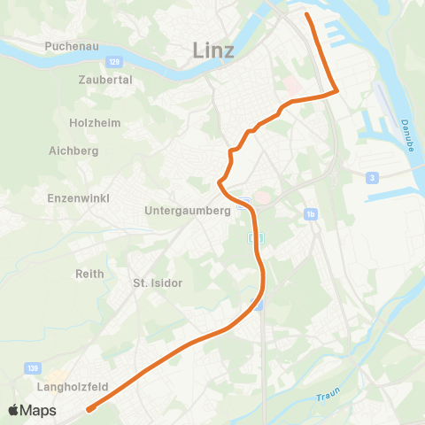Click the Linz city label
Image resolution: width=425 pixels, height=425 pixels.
[x=213, y=50]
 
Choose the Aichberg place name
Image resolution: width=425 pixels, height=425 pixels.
[x=73, y=151]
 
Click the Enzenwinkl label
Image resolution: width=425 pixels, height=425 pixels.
[x=79, y=198]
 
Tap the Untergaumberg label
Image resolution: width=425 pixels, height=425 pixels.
[x=188, y=212]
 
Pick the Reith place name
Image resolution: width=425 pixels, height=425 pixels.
[x=90, y=274]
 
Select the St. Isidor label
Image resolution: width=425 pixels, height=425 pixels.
[x=157, y=283]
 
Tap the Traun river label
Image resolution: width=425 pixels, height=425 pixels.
[x=327, y=396]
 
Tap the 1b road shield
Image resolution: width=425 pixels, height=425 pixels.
[x=310, y=213]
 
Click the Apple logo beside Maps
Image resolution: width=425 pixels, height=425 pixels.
[x=14, y=411]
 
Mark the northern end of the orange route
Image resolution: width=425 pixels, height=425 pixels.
[x=307, y=15]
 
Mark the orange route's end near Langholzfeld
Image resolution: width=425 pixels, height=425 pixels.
[x=89, y=409]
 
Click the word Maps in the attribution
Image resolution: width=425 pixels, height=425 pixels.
[x=39, y=411]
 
